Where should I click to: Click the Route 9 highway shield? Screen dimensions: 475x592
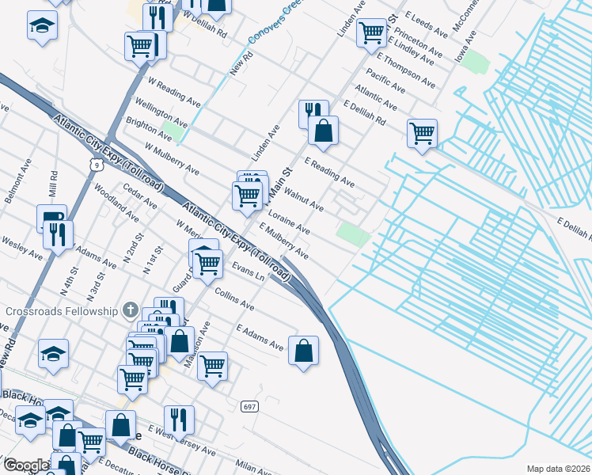click(x=95, y=164)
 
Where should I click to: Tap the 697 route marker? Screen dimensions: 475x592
click(x=250, y=407)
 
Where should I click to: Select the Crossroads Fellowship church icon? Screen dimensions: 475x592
click(x=131, y=311)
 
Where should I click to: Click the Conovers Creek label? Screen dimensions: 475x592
click(x=271, y=24)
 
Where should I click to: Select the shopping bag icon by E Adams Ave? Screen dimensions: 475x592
click(x=304, y=350)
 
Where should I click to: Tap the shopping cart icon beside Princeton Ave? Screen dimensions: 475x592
click(x=370, y=32)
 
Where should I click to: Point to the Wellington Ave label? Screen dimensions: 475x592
click(x=161, y=114)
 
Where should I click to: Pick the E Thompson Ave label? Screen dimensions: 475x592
click(x=406, y=71)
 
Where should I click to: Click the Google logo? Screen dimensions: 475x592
click(x=26, y=465)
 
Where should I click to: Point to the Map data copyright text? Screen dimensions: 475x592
click(x=557, y=469)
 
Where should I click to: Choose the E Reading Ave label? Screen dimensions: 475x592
click(x=328, y=173)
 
